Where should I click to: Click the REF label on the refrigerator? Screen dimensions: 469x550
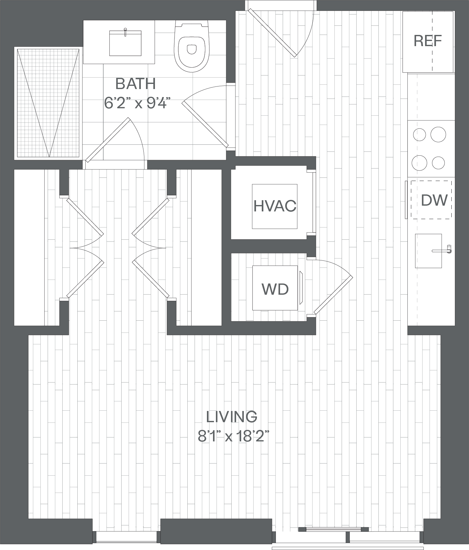pyautogui.click(x=428, y=41)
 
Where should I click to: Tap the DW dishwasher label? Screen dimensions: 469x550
pyautogui.click(x=434, y=200)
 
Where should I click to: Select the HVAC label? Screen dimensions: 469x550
pyautogui.click(x=275, y=206)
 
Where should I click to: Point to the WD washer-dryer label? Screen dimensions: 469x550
pyautogui.click(x=275, y=289)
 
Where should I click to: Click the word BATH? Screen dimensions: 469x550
pyautogui.click(x=135, y=84)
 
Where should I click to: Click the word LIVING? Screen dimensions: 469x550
pyautogui.click(x=232, y=417)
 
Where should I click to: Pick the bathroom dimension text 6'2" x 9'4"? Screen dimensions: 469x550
pyautogui.click(x=136, y=103)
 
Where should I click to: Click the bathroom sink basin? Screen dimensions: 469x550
pyautogui.click(x=125, y=43)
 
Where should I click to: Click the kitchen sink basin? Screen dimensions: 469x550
pyautogui.click(x=428, y=251)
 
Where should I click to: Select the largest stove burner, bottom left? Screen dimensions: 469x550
pyautogui.click(x=419, y=163)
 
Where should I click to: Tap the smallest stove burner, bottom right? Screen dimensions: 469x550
pyautogui.click(x=438, y=163)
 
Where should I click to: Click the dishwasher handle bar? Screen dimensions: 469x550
pyautogui.click(x=406, y=200)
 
